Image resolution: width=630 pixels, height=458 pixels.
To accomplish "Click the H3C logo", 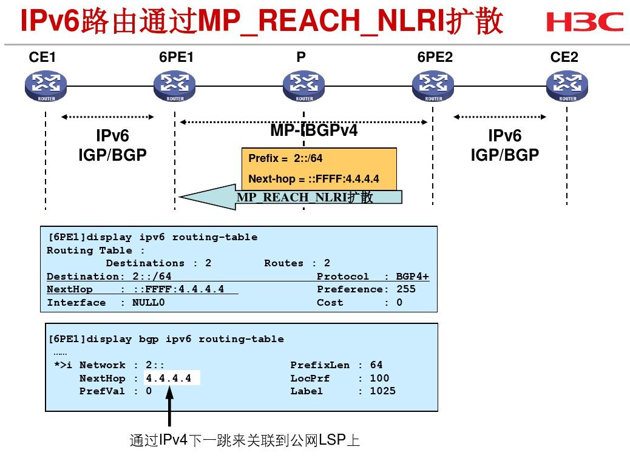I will pyautogui.click(x=584, y=22).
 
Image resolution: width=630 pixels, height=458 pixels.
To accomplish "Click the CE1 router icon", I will pyautogui.click(x=46, y=86).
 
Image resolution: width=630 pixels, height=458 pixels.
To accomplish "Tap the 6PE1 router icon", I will pyautogui.click(x=175, y=86).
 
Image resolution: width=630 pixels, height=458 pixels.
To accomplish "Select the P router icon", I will pyautogui.click(x=304, y=86).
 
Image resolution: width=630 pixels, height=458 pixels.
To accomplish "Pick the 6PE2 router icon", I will pyautogui.click(x=433, y=86).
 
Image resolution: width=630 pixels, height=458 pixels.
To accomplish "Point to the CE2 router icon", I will pyautogui.click(x=567, y=86).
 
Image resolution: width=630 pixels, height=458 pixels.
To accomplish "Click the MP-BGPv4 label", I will pyautogui.click(x=314, y=130).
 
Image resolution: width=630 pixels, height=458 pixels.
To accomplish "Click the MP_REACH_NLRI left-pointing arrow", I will pyautogui.click(x=291, y=197).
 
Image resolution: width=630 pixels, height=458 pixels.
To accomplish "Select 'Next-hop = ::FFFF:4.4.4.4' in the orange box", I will pyautogui.click(x=314, y=179).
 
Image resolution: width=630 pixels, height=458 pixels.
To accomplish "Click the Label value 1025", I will pyautogui.click(x=382, y=391).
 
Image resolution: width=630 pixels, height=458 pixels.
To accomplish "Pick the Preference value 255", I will pyautogui.click(x=406, y=289).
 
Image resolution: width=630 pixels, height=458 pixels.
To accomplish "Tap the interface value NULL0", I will pyautogui.click(x=148, y=303).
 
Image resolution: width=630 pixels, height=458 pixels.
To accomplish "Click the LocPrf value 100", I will pyautogui.click(x=379, y=379).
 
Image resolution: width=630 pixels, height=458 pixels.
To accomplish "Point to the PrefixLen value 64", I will pyautogui.click(x=376, y=365).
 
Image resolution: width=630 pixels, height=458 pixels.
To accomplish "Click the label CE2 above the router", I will pyautogui.click(x=564, y=58).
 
